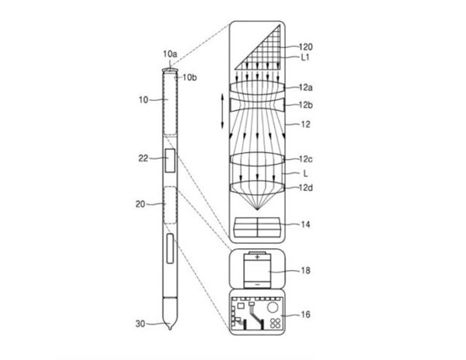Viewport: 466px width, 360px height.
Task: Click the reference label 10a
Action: coord(170,54)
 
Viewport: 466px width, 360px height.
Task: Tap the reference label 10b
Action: coord(190,77)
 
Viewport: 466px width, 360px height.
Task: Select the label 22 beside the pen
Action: coord(143,158)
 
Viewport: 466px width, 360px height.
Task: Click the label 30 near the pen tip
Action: coord(140,324)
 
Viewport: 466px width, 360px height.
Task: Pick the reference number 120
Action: coord(305,47)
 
